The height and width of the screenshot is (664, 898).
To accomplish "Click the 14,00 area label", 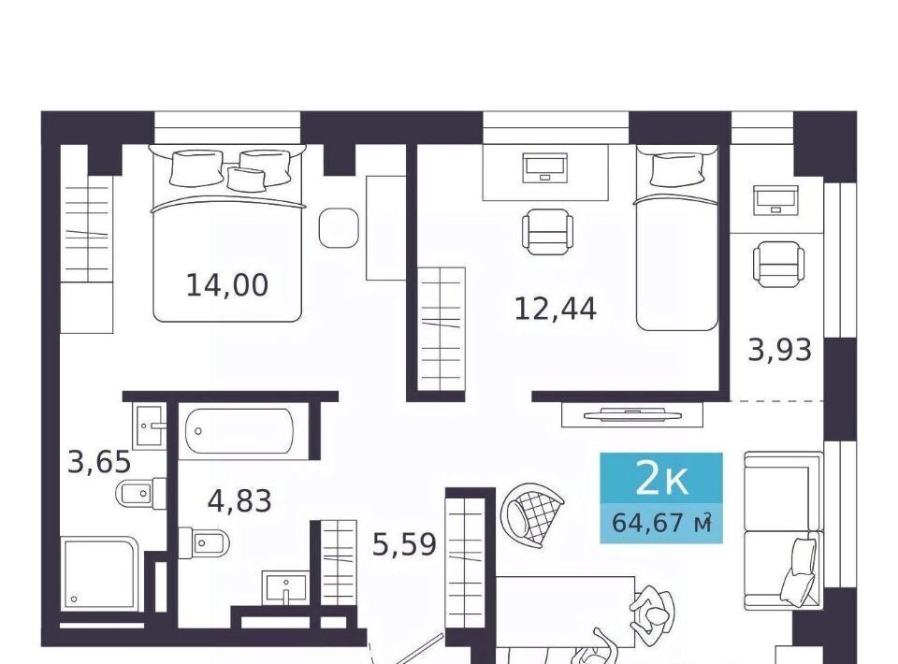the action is (x=226, y=285).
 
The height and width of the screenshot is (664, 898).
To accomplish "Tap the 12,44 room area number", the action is (x=555, y=309).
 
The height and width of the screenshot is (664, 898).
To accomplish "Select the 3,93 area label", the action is (x=779, y=350).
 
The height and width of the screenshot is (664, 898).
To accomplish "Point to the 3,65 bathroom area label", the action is (x=99, y=462).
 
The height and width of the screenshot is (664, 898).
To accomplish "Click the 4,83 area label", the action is (x=239, y=501).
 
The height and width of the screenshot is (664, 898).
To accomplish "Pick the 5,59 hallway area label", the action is (x=404, y=543).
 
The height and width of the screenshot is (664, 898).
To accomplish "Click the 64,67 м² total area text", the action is (x=661, y=523).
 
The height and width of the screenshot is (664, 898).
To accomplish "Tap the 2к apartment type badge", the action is (x=661, y=480).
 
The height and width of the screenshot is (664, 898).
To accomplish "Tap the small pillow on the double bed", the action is (x=246, y=178).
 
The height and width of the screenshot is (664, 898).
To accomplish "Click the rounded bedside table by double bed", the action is (x=339, y=227).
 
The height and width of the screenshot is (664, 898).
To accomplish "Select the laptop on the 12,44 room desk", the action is (x=544, y=167).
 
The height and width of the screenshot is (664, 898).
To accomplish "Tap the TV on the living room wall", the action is (x=631, y=414).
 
